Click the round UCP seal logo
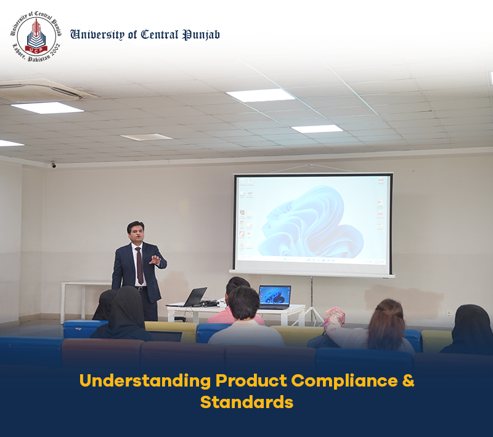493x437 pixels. click(x=36, y=36)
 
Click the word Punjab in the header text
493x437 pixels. click(x=202, y=35)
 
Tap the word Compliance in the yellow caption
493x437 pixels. click(x=344, y=381)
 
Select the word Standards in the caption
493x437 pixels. click(x=246, y=402)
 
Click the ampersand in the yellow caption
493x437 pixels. click(x=408, y=380)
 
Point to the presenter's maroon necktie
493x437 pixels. click(x=139, y=265)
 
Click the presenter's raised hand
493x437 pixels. click(x=155, y=260)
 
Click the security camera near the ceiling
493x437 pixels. click(x=54, y=165)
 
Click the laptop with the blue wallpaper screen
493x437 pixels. click(x=274, y=297)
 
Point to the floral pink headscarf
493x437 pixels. click(x=334, y=318)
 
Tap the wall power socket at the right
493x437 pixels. click(x=450, y=313)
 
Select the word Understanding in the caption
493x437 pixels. click(x=145, y=381)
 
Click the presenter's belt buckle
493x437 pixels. click(x=141, y=288)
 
